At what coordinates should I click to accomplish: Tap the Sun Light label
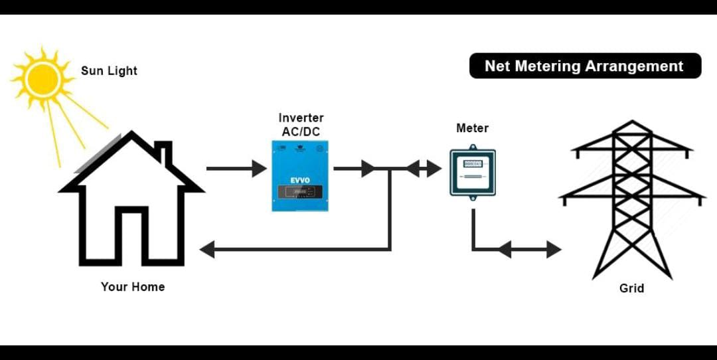pos(109,70)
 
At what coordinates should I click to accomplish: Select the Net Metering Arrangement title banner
pos(584,66)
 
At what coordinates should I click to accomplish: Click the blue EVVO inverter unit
pos(300,176)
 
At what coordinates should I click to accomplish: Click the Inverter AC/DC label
pos(301,125)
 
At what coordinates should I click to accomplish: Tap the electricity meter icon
pos(472,171)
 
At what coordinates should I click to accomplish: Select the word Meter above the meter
pos(472,128)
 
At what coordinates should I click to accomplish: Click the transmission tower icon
pos(631,199)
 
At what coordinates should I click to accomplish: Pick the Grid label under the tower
pos(631,288)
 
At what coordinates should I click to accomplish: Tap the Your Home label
pos(133,287)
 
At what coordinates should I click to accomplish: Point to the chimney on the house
pos(164,153)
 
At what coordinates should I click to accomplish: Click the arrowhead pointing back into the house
pos(207,250)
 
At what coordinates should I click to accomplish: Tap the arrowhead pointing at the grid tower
pos(554,250)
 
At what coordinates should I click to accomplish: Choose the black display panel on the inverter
pos(300,192)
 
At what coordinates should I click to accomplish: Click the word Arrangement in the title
pos(642,66)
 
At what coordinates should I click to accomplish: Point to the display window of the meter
pos(472,163)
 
